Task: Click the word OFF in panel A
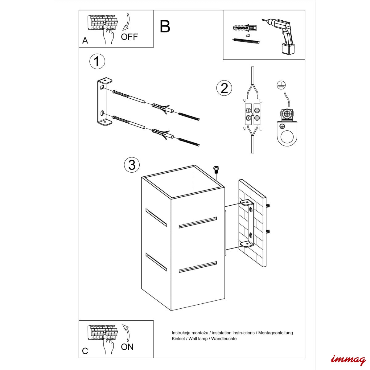tap(129, 37)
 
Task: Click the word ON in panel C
tap(127, 347)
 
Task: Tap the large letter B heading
tap(165, 27)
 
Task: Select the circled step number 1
tap(97, 61)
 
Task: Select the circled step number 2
tap(224, 88)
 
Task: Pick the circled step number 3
tap(132, 165)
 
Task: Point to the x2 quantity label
tap(248, 35)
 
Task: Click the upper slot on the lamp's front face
tap(198, 223)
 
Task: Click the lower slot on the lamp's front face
tap(198, 267)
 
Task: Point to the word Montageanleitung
tap(275, 333)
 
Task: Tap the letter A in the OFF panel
tap(85, 41)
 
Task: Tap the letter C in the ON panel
tap(85, 351)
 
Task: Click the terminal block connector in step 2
tap(253, 114)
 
